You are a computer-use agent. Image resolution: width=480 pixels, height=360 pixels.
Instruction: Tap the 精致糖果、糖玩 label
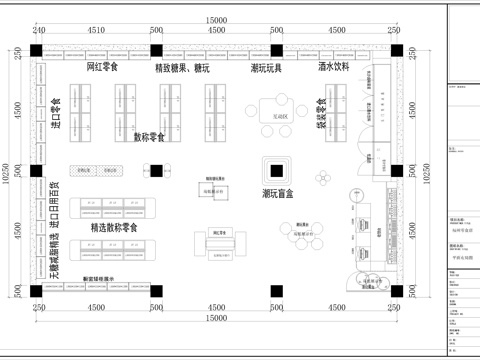189,69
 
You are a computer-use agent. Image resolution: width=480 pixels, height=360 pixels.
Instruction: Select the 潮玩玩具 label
266,69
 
